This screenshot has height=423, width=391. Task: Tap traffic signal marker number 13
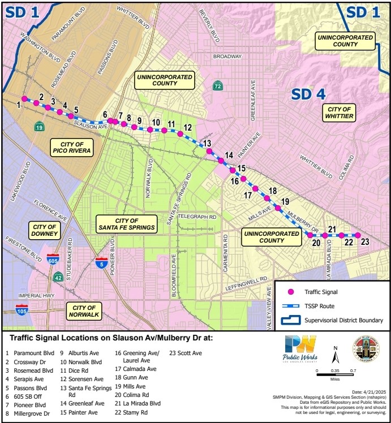point(209,152)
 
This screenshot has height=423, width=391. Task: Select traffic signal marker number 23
point(358,235)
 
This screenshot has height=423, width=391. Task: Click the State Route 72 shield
point(218,86)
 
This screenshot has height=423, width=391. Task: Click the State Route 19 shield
point(38,126)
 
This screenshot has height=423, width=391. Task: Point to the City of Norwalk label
point(83,310)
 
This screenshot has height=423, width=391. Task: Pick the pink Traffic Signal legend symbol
point(291,292)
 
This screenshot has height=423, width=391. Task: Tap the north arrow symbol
point(336,355)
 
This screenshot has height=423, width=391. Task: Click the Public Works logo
point(300,349)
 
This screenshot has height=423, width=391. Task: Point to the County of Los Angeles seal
point(366,349)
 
